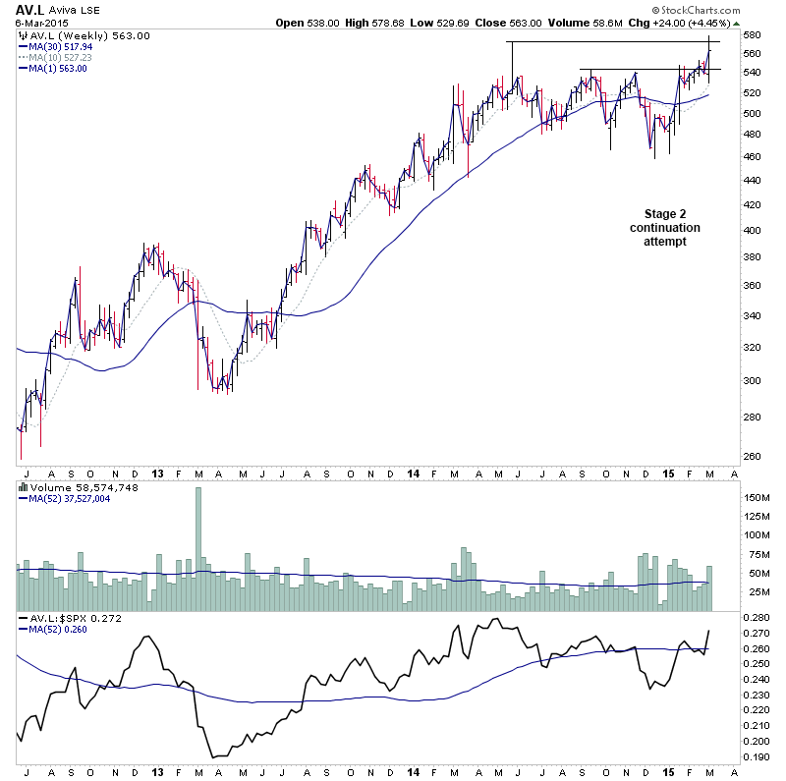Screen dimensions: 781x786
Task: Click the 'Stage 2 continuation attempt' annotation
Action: coord(665,227)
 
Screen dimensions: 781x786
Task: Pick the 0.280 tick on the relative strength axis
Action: coord(758,618)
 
